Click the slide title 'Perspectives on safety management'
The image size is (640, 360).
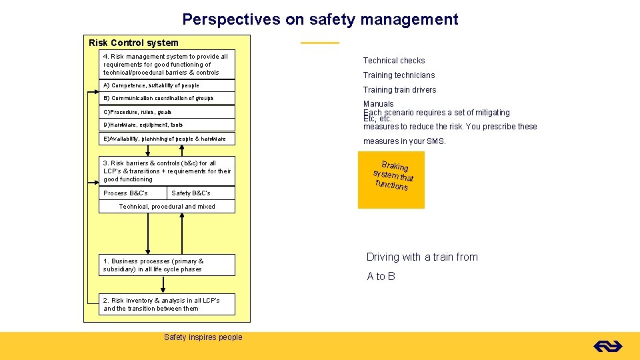[320, 19]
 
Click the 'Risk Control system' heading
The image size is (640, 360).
[133, 43]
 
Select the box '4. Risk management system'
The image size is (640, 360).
[166, 65]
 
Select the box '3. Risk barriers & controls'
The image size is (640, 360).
[167, 171]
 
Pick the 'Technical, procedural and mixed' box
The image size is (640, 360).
[167, 207]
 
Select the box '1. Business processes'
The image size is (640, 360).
[167, 265]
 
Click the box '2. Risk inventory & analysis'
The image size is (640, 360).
[167, 305]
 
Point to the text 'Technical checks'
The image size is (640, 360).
[393, 61]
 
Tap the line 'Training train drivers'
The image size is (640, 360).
[399, 90]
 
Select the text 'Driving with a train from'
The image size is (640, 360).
[422, 257]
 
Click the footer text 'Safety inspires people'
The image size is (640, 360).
[203, 337]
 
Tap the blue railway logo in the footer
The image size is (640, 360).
[607, 346]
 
